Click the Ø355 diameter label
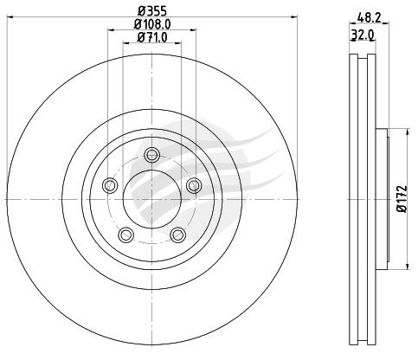[x=152, y=11]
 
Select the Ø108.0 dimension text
[x=152, y=24]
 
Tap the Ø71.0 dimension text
[x=152, y=37]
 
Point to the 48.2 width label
[x=369, y=18]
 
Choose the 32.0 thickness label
[x=363, y=35]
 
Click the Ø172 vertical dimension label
[x=402, y=199]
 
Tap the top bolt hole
[x=151, y=155]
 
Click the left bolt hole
[x=110, y=185]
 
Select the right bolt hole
[x=194, y=185]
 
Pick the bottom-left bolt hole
[x=126, y=235]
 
